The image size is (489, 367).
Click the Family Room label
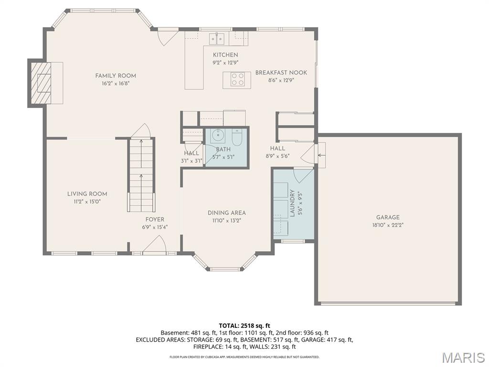point(116,76)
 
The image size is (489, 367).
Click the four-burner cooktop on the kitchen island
point(237,79)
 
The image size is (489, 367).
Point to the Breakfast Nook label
point(281,73)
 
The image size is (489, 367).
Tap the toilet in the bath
point(237,138)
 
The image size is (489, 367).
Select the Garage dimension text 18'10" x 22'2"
point(387,225)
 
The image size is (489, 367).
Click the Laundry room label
point(292,203)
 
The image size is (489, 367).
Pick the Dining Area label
point(226,213)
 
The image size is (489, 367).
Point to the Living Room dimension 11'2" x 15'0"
point(87,202)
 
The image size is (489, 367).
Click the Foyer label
point(155,220)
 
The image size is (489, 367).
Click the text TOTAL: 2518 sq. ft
point(244,326)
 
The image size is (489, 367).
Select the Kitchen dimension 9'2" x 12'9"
point(225,62)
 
